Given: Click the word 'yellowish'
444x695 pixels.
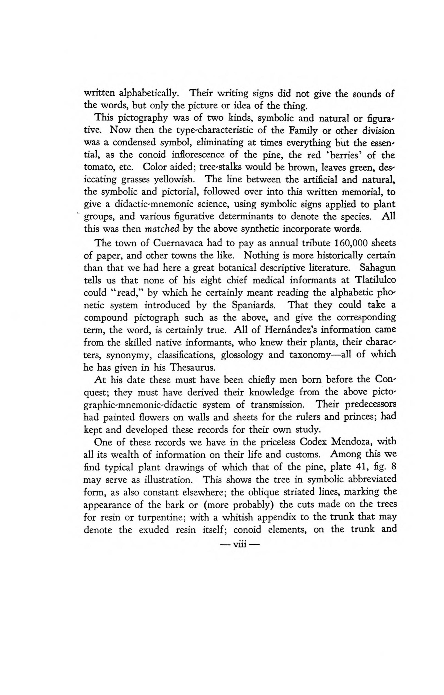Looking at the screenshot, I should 173,180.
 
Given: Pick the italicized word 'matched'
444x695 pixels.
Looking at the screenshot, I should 162,229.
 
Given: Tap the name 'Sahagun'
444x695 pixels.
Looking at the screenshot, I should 377,268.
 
